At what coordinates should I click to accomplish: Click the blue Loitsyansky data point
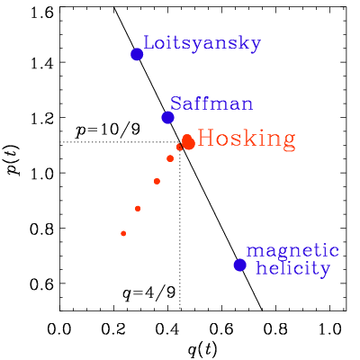point(137,54)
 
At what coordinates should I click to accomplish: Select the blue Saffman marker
point(167,117)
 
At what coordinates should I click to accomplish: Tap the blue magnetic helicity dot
point(240,265)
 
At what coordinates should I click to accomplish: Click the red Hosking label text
point(247,139)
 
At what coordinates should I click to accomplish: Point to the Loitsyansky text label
point(202,44)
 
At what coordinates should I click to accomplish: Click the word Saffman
point(211,103)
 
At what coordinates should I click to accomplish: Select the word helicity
point(293,268)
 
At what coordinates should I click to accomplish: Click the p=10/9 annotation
point(107,131)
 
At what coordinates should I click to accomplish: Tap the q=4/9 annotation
point(148,292)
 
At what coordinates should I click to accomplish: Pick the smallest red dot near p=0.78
point(123,233)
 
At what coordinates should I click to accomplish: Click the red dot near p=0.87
point(138,209)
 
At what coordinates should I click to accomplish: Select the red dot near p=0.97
point(157,181)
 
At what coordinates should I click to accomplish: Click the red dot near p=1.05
point(170,158)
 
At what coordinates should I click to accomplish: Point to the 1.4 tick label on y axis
point(42,62)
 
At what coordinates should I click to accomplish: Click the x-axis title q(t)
point(202,349)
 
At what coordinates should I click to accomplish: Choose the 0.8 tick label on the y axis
point(42,228)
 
